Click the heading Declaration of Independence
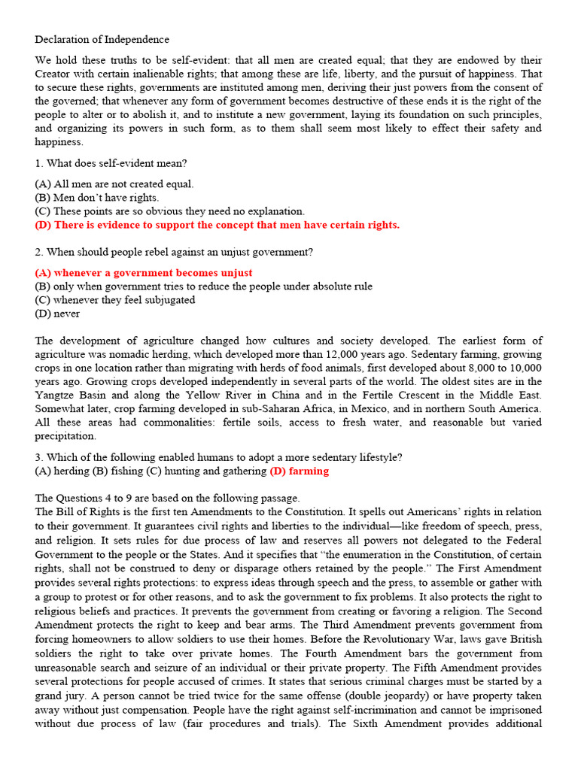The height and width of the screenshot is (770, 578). click(102, 39)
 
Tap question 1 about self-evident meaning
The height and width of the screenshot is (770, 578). click(111, 163)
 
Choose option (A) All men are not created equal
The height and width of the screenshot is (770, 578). click(114, 183)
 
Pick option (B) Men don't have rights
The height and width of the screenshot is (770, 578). click(97, 197)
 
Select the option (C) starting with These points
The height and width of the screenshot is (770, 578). click(169, 211)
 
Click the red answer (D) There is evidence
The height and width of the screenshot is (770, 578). click(217, 225)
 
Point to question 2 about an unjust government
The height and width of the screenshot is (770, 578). click(174, 252)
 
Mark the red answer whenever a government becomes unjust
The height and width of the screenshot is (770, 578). click(144, 273)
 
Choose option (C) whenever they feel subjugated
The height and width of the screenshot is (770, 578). click(114, 300)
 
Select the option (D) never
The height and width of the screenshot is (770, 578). click(57, 314)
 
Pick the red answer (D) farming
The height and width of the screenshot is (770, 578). click(299, 471)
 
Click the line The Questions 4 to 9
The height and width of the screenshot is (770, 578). click(167, 498)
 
